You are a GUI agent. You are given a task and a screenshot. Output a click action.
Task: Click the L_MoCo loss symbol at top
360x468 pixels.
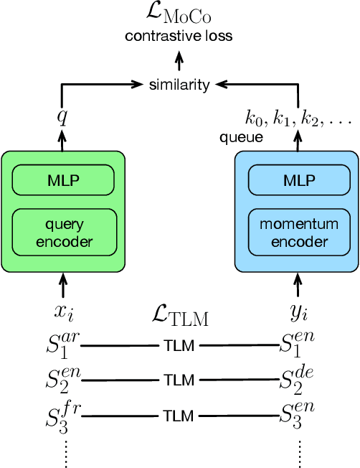coord(179,15)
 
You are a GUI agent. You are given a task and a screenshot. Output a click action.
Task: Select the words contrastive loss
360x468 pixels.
coord(179,35)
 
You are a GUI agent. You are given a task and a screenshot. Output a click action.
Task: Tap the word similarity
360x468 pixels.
coord(179,85)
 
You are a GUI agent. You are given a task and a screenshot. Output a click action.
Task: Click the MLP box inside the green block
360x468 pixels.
coord(63,178)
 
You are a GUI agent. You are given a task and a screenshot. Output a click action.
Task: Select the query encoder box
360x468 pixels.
coord(63,233)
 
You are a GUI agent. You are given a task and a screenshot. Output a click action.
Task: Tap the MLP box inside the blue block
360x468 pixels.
coord(296,178)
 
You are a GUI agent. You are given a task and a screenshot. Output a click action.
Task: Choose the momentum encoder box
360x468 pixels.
coord(296,233)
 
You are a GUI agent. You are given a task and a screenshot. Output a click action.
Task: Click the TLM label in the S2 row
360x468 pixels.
coord(179,380)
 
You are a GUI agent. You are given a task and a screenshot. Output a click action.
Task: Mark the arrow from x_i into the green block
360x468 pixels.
coord(62,286)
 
